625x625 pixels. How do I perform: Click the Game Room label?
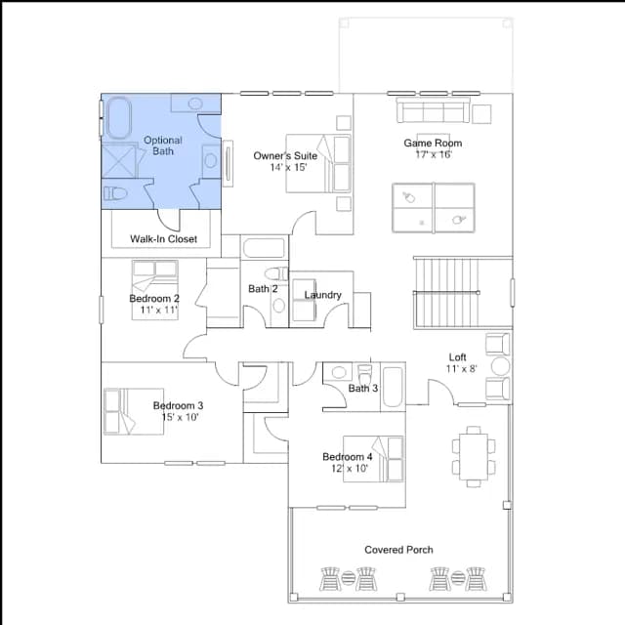click(x=433, y=143)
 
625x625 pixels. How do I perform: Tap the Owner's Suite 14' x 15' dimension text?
click(x=288, y=167)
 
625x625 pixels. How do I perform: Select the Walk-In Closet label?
click(x=163, y=238)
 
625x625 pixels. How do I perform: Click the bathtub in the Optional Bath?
click(x=119, y=118)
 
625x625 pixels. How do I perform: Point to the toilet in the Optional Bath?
click(x=115, y=193)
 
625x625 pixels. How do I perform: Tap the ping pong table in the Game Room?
click(x=434, y=208)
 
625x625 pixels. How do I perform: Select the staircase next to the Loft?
click(x=446, y=293)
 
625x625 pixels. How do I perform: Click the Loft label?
click(x=457, y=357)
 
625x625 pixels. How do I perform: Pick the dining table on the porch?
click(x=474, y=457)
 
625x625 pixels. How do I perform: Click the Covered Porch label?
click(x=398, y=550)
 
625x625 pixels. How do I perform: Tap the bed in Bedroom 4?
click(x=373, y=459)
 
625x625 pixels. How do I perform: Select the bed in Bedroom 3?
click(x=134, y=411)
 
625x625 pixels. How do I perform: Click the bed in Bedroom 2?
click(x=155, y=290)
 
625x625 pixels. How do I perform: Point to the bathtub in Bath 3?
click(x=393, y=387)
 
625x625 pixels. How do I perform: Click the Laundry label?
click(x=323, y=295)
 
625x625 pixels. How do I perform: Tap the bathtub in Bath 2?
click(x=265, y=248)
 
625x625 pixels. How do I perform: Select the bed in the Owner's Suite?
click(x=318, y=163)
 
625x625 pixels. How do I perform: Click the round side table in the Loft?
click(x=500, y=366)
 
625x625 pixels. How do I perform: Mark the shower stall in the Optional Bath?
click(x=119, y=161)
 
